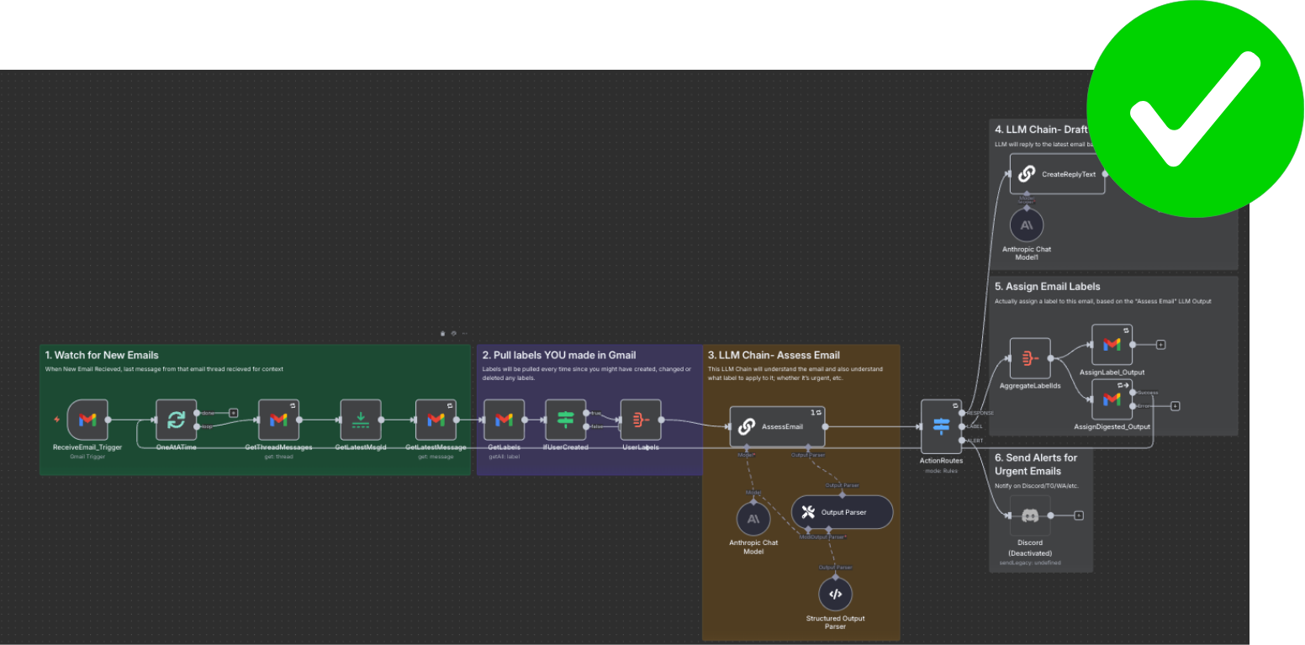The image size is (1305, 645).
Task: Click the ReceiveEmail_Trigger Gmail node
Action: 87,420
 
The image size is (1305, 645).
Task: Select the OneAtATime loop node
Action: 177,420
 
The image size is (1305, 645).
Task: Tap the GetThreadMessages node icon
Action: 278,420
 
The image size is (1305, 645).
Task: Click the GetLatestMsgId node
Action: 361,420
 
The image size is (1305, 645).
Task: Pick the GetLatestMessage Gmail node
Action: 436,420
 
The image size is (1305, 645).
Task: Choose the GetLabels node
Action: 504,420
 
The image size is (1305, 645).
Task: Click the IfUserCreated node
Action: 565,420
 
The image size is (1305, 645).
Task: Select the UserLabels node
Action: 641,420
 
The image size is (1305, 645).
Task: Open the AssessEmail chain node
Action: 777,426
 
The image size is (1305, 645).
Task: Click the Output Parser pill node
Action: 842,511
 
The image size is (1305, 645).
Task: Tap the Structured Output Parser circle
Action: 835,594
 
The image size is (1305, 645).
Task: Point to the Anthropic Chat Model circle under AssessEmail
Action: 753,519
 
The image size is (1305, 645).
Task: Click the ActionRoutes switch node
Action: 941,426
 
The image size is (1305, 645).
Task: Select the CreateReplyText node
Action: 1057,174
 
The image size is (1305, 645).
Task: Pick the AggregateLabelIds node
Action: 1029,358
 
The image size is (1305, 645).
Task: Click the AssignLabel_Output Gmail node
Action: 1112,345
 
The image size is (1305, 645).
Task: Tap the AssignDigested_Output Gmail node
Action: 1112,399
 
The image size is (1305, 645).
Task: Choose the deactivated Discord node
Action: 1029,516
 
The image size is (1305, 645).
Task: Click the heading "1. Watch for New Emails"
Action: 102,355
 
